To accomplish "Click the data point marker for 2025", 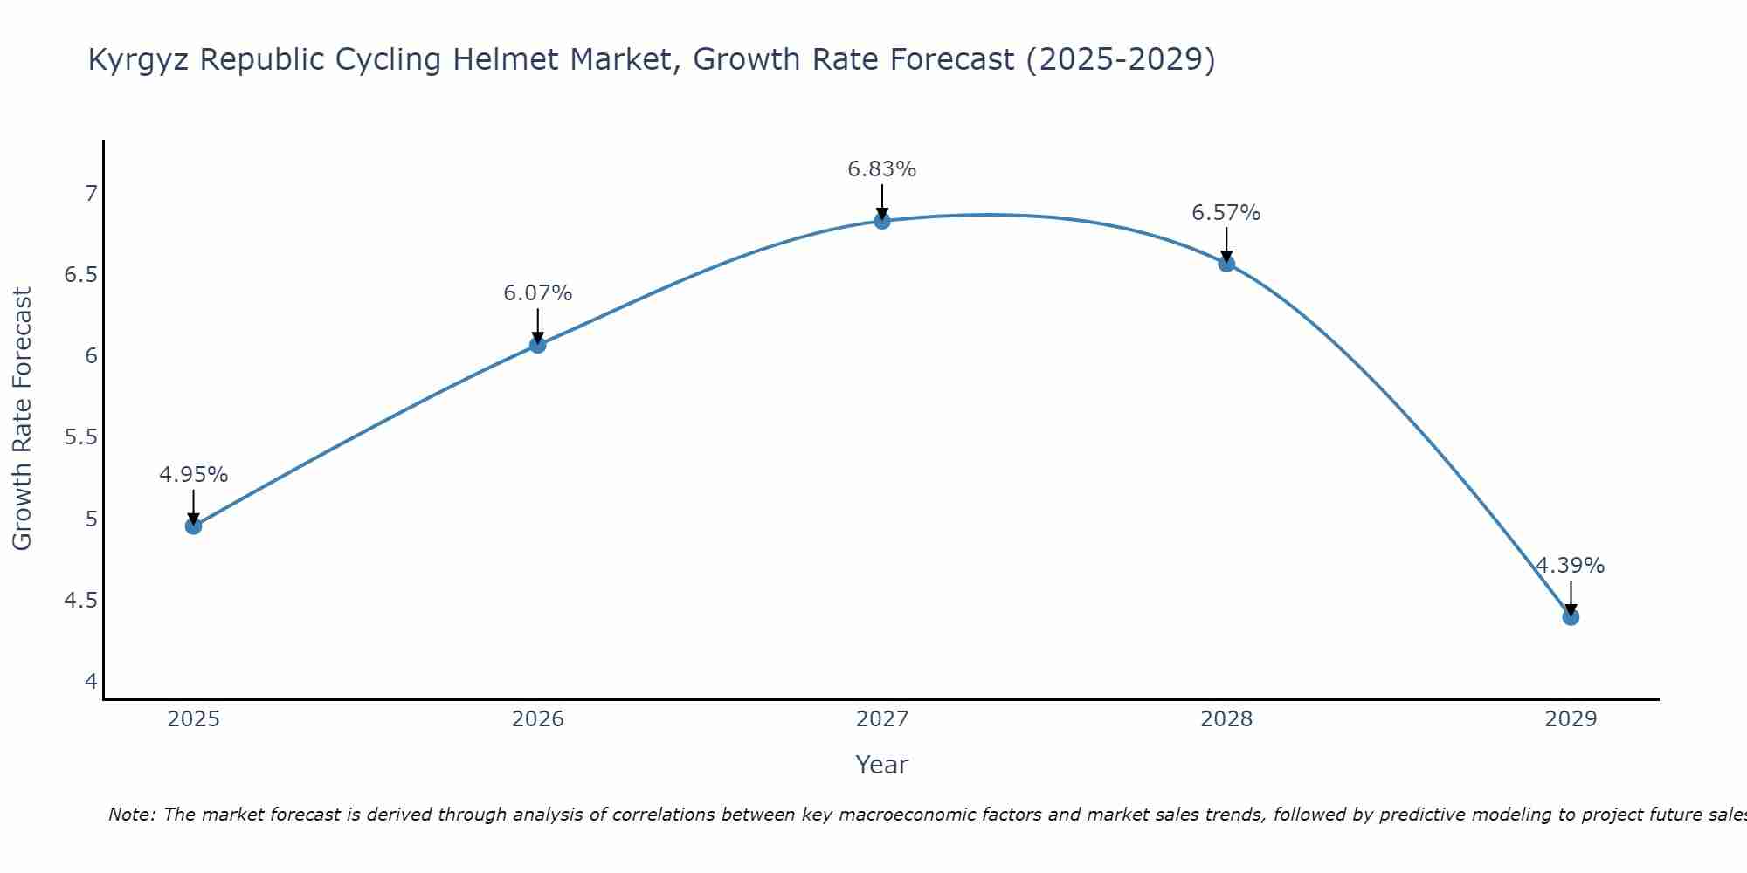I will [194, 526].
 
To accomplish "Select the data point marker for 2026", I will [538, 345].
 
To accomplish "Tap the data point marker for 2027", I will [882, 221].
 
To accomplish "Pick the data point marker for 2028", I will [1226, 264].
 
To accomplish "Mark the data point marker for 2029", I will [1571, 617].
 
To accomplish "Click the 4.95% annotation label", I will [194, 475].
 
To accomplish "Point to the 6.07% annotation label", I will [538, 293].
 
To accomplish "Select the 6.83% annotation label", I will [882, 169].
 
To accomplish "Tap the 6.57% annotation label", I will [1226, 213].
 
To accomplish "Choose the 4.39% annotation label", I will [1571, 566].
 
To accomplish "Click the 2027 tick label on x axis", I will [882, 719].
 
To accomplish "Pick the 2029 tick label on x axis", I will [1571, 719].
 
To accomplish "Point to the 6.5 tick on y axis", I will [81, 275].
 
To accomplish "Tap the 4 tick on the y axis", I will [92, 682].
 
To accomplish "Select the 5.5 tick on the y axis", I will [81, 437].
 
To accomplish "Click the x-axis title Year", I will [882, 765].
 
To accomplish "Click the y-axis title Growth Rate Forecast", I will [23, 419].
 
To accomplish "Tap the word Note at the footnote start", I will [131, 815].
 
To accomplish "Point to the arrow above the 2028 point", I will [1226, 244].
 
